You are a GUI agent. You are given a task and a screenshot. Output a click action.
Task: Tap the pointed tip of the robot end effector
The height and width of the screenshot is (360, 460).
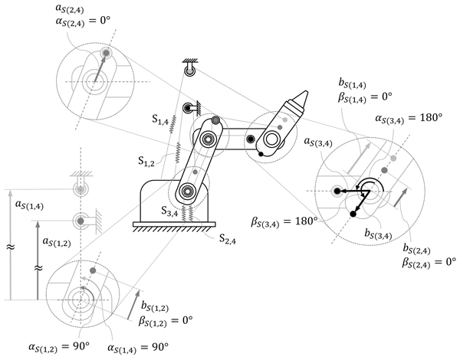click(307, 92)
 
